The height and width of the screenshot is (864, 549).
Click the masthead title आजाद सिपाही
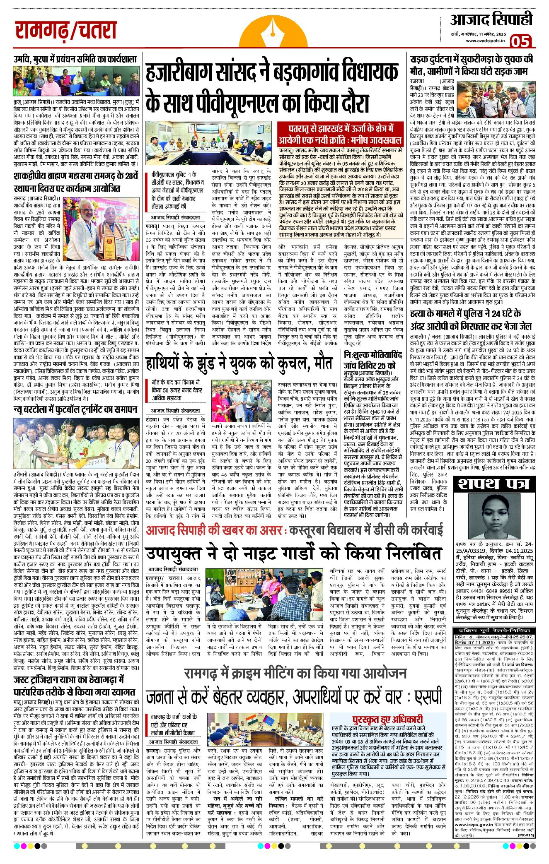(491, 19)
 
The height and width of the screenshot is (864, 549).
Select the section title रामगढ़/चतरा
(66, 31)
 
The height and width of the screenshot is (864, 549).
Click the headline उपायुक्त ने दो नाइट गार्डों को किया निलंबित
(293, 554)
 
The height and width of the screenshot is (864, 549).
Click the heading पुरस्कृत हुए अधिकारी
(387, 719)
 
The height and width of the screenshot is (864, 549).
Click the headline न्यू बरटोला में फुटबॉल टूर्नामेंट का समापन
(75, 409)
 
